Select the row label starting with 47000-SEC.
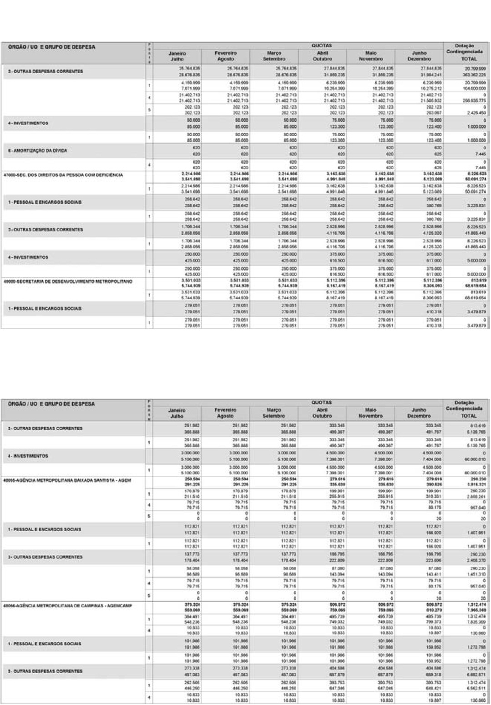click(x=63, y=175)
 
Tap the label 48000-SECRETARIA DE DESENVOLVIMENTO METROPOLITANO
click(x=68, y=282)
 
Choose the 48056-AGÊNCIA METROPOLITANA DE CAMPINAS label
click(x=67, y=606)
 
